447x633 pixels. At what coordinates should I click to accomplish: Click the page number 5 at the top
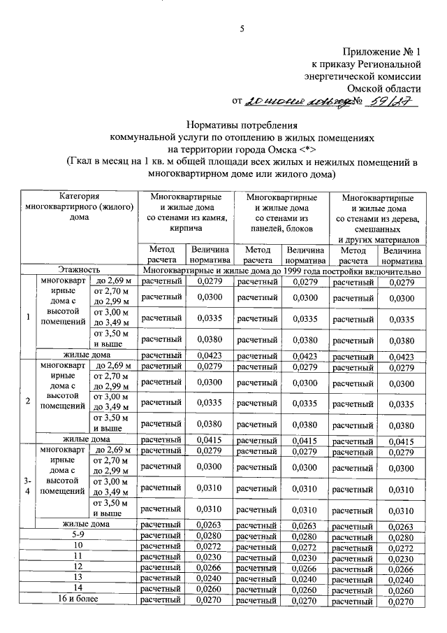[242, 29]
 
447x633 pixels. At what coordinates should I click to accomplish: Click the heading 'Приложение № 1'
[383, 52]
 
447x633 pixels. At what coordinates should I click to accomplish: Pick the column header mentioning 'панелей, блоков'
[281, 213]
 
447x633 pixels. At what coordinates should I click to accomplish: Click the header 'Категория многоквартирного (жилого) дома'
[79, 207]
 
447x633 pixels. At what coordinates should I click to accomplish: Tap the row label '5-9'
[79, 535]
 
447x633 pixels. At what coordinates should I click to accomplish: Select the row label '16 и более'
[79, 600]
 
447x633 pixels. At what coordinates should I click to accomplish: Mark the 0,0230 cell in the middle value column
[305, 557]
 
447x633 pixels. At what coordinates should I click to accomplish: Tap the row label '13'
[79, 578]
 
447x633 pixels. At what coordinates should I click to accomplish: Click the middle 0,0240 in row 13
[305, 578]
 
